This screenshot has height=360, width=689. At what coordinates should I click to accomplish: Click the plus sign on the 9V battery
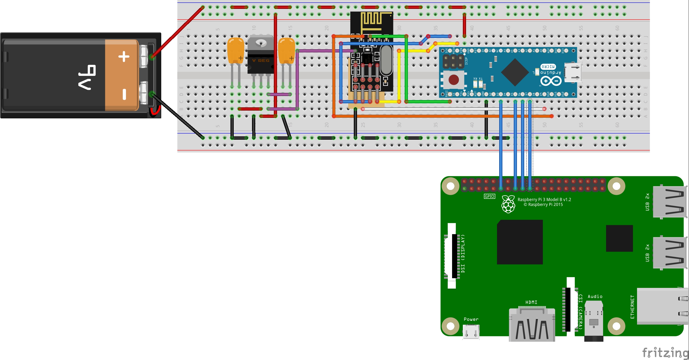[x=124, y=57]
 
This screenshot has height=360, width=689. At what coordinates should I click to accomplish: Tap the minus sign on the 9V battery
[x=124, y=94]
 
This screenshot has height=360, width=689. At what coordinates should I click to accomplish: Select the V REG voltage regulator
[x=260, y=55]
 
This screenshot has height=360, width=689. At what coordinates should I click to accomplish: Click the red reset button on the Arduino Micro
[x=454, y=80]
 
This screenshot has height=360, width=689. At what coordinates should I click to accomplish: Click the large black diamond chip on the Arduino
[x=515, y=72]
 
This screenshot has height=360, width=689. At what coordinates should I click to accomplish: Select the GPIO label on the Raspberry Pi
[x=489, y=196]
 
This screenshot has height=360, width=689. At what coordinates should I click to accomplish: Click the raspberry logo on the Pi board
[x=508, y=204]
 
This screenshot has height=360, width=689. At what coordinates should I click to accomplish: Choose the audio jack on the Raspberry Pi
[x=594, y=322]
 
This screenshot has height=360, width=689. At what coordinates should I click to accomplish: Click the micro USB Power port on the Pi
[x=471, y=331]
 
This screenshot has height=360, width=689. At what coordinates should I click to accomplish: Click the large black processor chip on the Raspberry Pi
[x=520, y=242]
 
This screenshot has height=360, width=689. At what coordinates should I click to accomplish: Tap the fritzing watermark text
[x=665, y=352]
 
